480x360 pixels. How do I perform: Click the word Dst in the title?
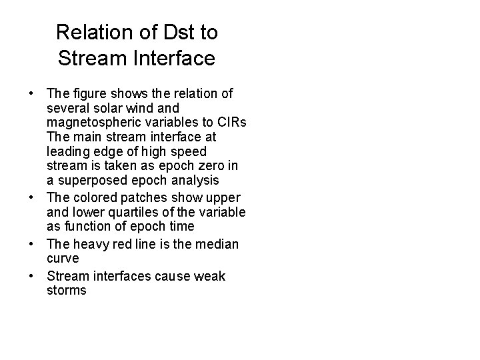pos(174,31)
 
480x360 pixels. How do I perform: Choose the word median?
pos(215,244)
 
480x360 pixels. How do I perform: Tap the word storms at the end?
pos(67,291)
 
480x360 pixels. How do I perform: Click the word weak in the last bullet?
pos(208,276)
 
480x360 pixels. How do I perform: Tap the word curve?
pos(63,259)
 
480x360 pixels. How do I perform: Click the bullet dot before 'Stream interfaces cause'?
pos(31,276)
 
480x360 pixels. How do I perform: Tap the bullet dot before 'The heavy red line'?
pos(31,244)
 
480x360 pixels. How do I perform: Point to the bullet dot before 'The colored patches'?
pos(31,198)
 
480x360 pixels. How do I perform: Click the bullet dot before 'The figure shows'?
pos(31,92)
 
